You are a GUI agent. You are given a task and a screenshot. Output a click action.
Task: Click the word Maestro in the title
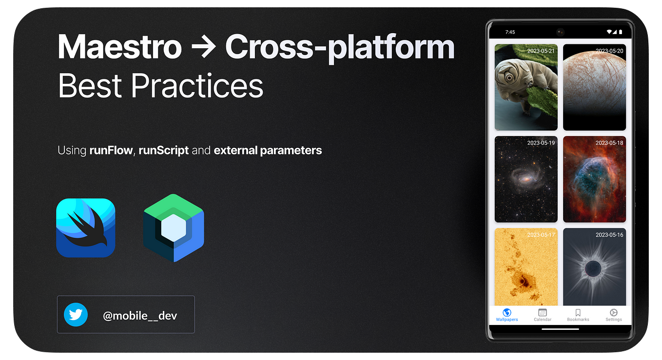tap(119, 47)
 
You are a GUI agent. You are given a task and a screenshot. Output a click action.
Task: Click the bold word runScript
tap(163, 150)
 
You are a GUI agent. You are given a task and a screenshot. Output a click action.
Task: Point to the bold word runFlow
tap(111, 150)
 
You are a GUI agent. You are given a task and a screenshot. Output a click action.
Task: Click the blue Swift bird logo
tap(86, 227)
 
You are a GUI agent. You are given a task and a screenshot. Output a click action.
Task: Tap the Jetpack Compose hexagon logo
tap(174, 228)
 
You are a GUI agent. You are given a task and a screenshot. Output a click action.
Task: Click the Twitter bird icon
tap(76, 315)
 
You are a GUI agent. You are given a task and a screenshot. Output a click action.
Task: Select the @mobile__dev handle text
tap(140, 316)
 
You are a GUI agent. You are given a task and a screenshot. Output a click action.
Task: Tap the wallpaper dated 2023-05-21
tap(526, 88)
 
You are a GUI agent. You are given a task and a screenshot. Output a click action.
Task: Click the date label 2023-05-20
tap(609, 51)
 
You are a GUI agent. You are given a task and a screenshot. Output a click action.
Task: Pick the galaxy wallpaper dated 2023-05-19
tap(526, 179)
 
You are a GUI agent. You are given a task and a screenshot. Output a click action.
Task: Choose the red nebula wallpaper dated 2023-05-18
tap(594, 179)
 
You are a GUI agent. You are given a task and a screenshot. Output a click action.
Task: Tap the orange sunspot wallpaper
tap(526, 267)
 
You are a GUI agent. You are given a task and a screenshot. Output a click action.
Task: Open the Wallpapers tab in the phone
tap(507, 315)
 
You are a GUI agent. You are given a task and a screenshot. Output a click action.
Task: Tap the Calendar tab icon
tap(542, 313)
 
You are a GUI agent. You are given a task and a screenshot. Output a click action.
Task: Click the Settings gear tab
tap(613, 313)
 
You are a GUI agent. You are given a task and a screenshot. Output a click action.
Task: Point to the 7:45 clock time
tap(510, 32)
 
